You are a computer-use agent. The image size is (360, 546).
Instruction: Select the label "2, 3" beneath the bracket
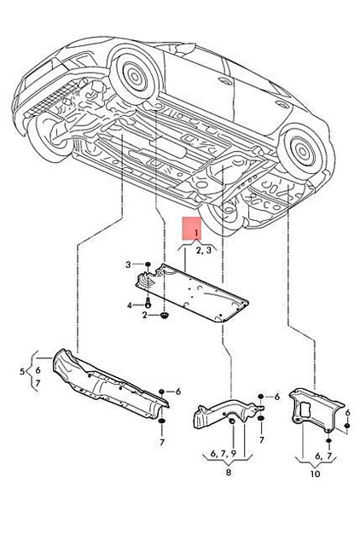point(204,252)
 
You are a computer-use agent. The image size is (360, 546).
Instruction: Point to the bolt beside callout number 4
point(148,304)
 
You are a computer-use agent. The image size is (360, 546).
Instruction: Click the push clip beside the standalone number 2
point(165,317)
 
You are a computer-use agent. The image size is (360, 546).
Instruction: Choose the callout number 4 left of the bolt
point(130,304)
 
